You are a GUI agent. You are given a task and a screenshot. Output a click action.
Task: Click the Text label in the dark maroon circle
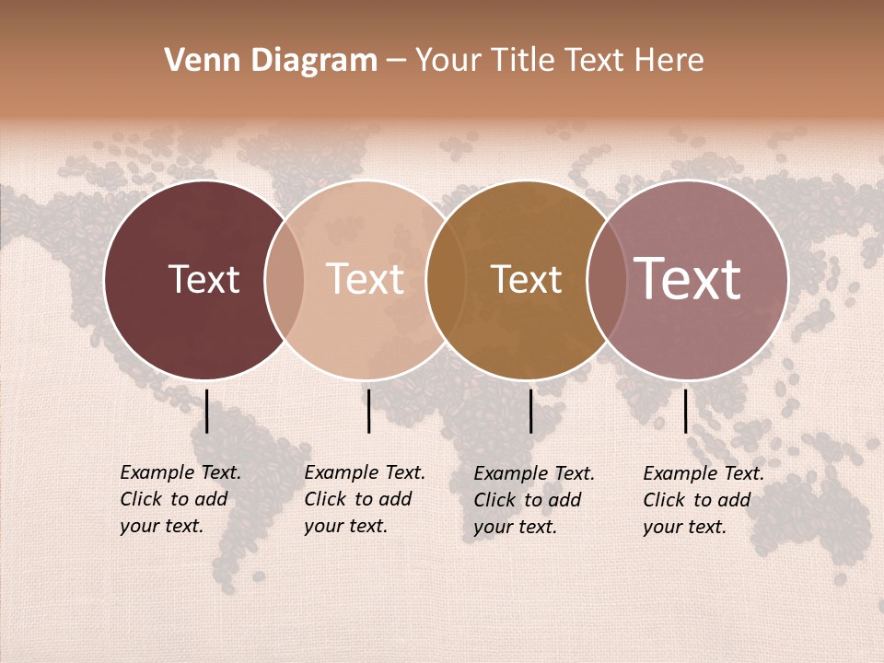[x=204, y=279]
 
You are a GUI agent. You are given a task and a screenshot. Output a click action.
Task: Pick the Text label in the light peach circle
[x=366, y=279]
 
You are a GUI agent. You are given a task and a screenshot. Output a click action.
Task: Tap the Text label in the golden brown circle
[x=526, y=279]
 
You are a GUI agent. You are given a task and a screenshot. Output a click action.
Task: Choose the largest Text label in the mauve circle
[x=687, y=278]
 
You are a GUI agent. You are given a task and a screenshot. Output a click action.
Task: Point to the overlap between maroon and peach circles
[x=285, y=280]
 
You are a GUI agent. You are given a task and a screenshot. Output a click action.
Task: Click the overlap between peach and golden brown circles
[x=445, y=280]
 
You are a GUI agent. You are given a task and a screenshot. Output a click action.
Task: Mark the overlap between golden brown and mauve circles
[x=606, y=280]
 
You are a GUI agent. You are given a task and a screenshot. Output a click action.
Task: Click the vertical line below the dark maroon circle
[x=207, y=411]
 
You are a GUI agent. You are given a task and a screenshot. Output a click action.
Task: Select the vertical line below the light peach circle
[x=368, y=411]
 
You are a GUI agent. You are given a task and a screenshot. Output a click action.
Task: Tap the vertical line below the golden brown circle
[x=530, y=411]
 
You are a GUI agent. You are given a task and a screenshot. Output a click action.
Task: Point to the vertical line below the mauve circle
[x=686, y=411]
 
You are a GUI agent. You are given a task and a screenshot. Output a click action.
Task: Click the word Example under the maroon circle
[x=157, y=473]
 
